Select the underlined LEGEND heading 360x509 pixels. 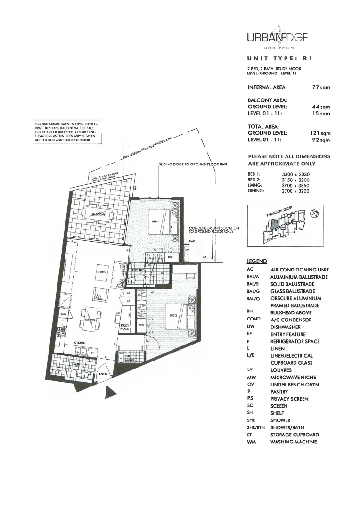point(257,261)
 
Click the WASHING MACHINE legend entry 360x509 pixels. point(293,442)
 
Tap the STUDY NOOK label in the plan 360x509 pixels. point(124,328)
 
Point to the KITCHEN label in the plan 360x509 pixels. point(78,343)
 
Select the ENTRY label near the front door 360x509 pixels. point(103,374)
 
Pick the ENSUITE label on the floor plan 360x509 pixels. point(137,270)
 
